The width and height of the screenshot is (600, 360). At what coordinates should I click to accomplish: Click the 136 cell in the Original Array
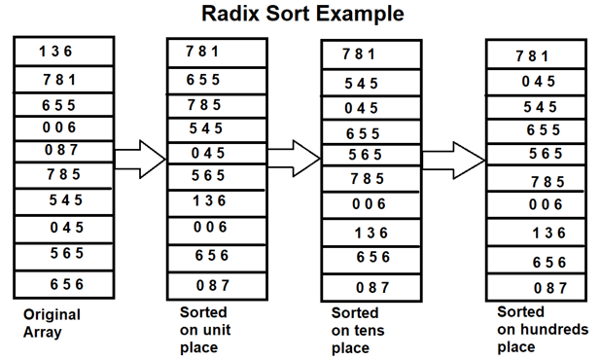(x=56, y=52)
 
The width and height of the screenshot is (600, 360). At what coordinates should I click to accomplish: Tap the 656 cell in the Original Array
(x=65, y=284)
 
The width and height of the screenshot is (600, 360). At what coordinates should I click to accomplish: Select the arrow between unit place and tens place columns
(x=293, y=154)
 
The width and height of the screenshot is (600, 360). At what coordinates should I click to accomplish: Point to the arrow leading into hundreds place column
(x=454, y=155)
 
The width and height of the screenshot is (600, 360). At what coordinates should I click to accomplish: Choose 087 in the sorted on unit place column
(x=212, y=285)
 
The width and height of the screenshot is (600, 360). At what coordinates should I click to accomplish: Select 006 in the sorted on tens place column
(x=367, y=204)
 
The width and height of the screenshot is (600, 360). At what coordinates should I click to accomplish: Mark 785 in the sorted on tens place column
(x=367, y=179)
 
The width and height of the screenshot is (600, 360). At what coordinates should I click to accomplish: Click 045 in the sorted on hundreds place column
(x=538, y=82)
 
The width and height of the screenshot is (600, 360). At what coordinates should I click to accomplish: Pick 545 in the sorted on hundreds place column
(x=540, y=107)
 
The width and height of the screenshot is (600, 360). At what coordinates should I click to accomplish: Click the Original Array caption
(x=52, y=323)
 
